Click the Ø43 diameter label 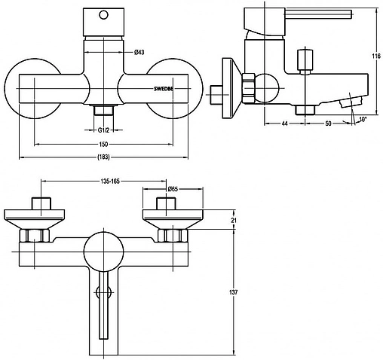click(139, 53)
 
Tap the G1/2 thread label click(103, 130)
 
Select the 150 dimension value click(103, 144)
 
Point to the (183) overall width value click(103, 157)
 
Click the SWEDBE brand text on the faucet click(163, 89)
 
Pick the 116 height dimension click(376, 56)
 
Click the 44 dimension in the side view click(284, 124)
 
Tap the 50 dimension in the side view click(328, 124)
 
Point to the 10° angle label click(362, 119)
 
